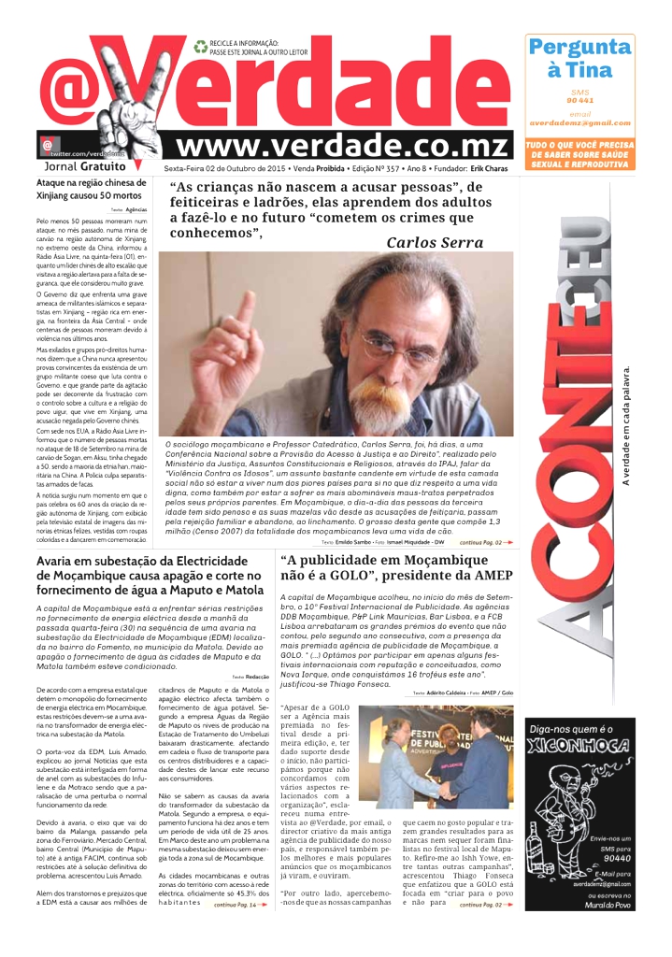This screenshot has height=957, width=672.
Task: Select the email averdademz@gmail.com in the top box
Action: pos(579,122)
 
